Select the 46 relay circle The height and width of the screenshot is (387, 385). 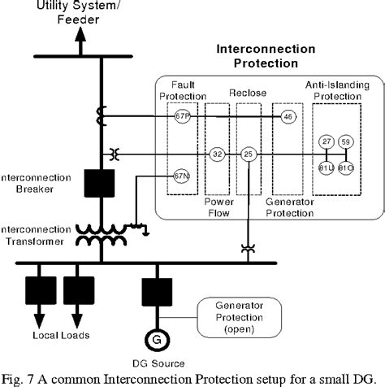tap(288, 117)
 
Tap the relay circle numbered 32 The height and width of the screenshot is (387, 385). tap(217, 153)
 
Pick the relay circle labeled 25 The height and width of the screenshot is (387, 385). tap(249, 153)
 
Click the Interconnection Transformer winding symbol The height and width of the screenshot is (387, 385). tap(102, 236)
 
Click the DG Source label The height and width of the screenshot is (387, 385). tap(154, 363)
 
